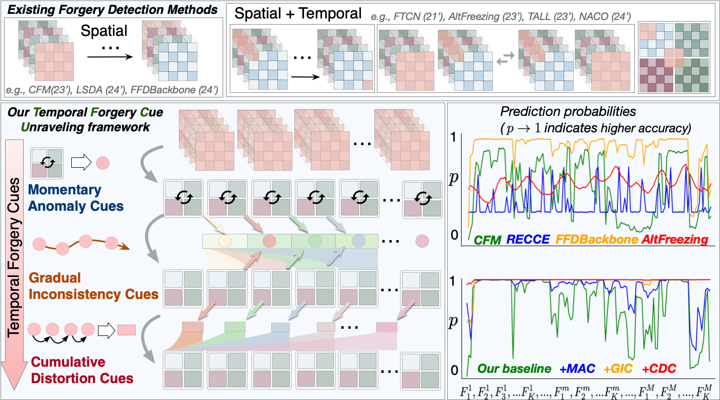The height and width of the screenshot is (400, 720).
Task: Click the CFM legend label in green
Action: pyautogui.click(x=487, y=239)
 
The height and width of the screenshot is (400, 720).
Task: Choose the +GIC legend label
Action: pyautogui.click(x=618, y=368)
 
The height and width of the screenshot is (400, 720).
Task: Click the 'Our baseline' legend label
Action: pyautogui.click(x=514, y=368)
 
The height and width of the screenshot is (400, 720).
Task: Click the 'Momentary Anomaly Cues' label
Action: pyautogui.click(x=76, y=198)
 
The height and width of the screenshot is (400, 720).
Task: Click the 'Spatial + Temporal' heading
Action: pyautogui.click(x=298, y=13)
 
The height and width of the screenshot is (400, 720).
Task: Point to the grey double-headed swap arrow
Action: pyautogui.click(x=503, y=62)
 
